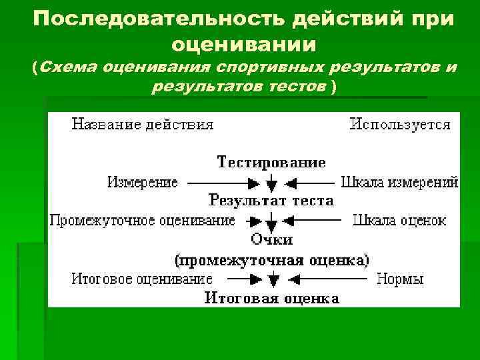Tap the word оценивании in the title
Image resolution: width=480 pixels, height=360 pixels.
243,45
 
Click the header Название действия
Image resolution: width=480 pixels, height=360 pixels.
143,124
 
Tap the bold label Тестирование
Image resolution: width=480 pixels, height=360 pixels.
271,163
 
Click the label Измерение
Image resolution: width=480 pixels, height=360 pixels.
143,182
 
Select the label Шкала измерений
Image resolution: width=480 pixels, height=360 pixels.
399,182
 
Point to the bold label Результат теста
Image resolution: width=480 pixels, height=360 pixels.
271,200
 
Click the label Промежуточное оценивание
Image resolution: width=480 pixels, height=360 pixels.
143,220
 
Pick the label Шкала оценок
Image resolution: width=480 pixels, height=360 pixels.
399,220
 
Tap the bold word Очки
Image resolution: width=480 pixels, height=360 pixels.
271,239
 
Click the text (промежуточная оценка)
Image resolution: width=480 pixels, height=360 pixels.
271,259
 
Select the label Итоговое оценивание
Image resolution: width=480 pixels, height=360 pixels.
143,279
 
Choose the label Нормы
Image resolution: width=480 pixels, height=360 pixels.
400,279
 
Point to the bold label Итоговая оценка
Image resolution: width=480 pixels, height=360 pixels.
271,298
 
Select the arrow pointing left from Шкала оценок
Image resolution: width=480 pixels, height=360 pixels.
313,220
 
